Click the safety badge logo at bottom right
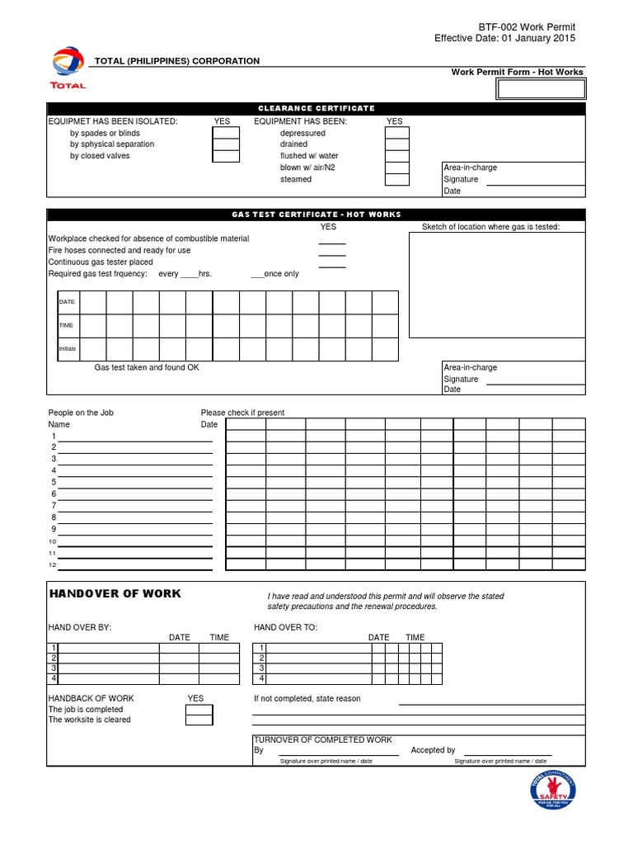click(551, 790)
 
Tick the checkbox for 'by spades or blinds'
click(226, 133)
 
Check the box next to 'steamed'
click(397, 179)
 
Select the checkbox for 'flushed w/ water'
click(397, 156)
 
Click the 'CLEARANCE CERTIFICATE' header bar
click(316, 108)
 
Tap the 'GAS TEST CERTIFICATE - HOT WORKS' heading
click(316, 215)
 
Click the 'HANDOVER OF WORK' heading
click(115, 594)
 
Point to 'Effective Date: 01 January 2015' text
click(504, 38)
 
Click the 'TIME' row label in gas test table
click(67, 325)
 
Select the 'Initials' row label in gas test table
click(68, 349)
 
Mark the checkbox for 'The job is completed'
click(199, 710)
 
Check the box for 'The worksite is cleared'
click(199, 720)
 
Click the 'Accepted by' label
click(433, 750)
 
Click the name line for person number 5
click(135, 483)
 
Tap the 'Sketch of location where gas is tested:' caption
click(490, 227)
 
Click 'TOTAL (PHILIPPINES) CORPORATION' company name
click(177, 61)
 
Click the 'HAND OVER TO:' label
click(285, 627)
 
